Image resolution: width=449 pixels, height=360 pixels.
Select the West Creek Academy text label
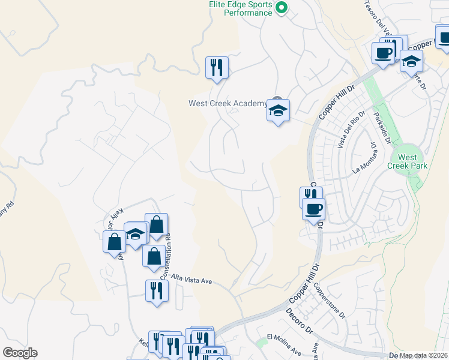point(228,103)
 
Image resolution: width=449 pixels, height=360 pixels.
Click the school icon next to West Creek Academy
point(278,110)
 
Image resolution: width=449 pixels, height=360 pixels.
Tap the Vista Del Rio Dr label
point(351,131)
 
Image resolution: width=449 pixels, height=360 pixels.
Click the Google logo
point(20,353)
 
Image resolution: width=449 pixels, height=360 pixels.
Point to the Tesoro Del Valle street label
point(378,17)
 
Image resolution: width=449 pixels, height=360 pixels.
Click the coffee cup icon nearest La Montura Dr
point(315,209)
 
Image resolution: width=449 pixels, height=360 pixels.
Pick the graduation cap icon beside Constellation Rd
point(136,233)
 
